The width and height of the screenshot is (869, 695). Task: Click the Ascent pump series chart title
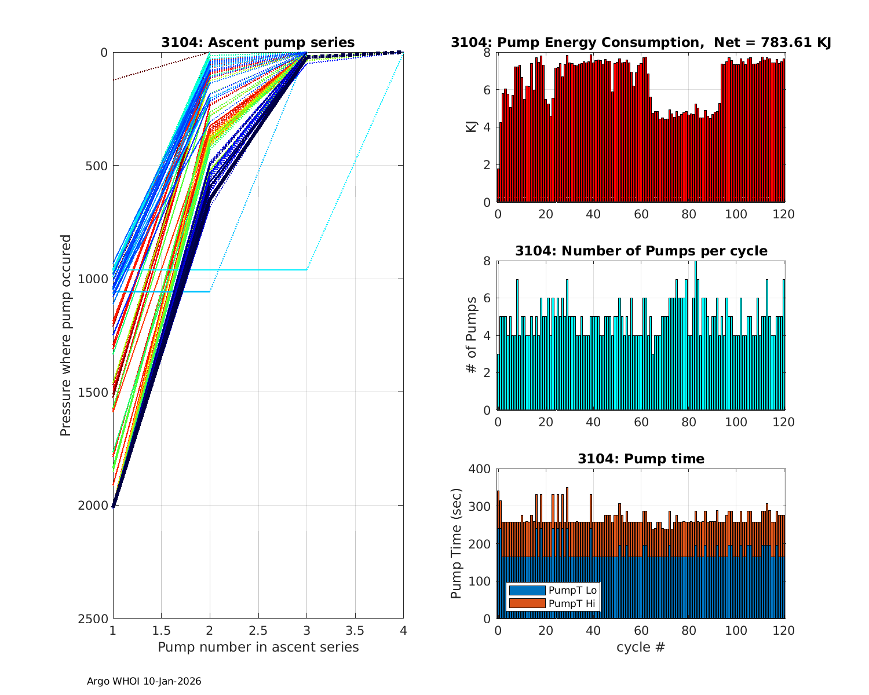pyautogui.click(x=258, y=42)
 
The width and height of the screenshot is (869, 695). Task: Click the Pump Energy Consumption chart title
pyautogui.click(x=641, y=42)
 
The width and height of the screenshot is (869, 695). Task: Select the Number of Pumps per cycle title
pyautogui.click(x=641, y=251)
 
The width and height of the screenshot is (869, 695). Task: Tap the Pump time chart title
pyautogui.click(x=641, y=459)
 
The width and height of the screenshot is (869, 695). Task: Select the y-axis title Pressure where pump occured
pyautogui.click(x=65, y=335)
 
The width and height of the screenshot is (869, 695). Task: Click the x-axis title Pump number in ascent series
pyautogui.click(x=258, y=647)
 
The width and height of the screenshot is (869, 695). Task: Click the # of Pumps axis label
pyautogui.click(x=472, y=335)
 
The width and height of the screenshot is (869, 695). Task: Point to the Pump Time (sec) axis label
pyautogui.click(x=457, y=543)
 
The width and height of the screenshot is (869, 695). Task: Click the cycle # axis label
pyautogui.click(x=641, y=647)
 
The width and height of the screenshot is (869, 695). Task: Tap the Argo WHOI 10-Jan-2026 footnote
pyautogui.click(x=144, y=681)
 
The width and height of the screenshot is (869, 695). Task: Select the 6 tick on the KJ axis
pyautogui.click(x=486, y=90)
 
